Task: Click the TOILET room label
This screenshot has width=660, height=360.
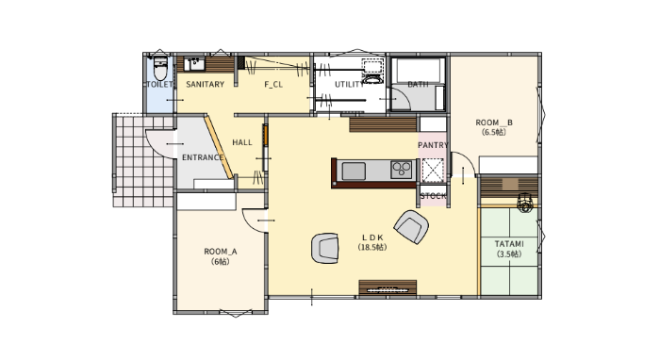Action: (x=159, y=84)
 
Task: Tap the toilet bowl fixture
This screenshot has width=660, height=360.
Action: (x=160, y=69)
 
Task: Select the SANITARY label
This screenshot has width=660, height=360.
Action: (x=205, y=84)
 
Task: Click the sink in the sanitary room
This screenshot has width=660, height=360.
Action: (x=195, y=64)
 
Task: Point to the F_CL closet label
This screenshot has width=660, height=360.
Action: (x=273, y=84)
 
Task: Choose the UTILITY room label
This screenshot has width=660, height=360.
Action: (x=350, y=84)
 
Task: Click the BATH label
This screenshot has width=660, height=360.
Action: (x=418, y=84)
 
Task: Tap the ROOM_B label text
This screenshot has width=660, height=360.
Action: (x=494, y=123)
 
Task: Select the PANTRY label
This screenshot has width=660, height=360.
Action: (x=433, y=145)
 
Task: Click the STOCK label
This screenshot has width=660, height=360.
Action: (x=433, y=196)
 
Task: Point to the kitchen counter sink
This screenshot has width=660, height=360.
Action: (x=354, y=172)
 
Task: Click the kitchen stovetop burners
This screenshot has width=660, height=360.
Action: (x=401, y=170)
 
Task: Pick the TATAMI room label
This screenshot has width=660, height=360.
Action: (x=509, y=244)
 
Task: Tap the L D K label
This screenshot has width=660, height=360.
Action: (x=372, y=237)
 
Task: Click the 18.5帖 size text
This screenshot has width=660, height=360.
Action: (x=372, y=247)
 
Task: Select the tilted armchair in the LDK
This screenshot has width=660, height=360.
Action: (x=411, y=227)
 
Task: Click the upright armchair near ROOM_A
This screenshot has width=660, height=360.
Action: (x=325, y=248)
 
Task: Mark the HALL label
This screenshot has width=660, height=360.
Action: (x=242, y=142)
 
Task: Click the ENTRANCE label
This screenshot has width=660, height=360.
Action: (x=203, y=157)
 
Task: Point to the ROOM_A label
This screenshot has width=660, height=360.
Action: (x=221, y=252)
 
